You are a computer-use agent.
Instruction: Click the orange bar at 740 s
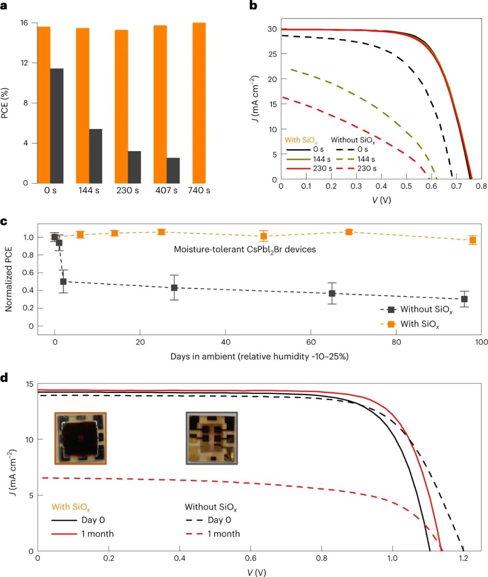coord(199,103)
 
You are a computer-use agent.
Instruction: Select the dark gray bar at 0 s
coord(56,126)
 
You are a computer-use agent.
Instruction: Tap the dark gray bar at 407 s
coord(173,170)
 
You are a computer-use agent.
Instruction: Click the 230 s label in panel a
coord(127,190)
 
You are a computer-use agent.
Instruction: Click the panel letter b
coord(253,6)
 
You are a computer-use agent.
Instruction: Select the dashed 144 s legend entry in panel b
coord(356,159)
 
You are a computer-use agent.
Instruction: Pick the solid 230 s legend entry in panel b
coord(310,169)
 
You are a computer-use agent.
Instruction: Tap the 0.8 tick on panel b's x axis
coord(481,186)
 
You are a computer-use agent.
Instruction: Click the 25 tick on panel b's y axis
coord(272,54)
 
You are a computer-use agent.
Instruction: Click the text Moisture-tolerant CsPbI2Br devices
coord(245,249)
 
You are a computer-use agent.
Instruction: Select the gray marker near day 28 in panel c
coord(174,288)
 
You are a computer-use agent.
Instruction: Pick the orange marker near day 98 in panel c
coord(473,240)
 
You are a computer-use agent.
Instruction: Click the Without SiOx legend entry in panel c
coord(416,310)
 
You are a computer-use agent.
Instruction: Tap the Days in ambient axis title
coord(259,356)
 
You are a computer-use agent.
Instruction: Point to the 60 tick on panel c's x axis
coord(311,342)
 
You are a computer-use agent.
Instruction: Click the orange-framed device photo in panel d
coord(80,438)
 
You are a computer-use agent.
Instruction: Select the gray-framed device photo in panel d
coord(211,438)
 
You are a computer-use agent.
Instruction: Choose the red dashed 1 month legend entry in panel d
coord(213,534)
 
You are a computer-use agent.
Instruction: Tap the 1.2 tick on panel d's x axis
coord(463,558)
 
